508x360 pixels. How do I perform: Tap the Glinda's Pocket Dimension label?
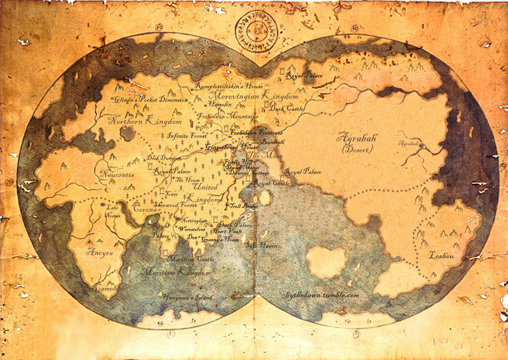pos(150,100)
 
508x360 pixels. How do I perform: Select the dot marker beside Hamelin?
pos(205,105)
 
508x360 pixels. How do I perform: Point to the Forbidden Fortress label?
pos(256,132)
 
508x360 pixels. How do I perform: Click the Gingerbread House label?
pos(232,147)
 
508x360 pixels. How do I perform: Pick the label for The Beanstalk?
pos(268,141)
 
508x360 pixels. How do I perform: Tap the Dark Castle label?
pos(286,109)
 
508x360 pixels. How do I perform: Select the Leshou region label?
pos(441,255)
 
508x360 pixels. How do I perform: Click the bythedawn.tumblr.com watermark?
pos(322,295)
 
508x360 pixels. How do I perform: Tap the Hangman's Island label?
pos(188,297)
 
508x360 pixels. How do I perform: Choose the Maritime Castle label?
pos(190,259)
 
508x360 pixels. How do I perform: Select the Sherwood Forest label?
pos(175,205)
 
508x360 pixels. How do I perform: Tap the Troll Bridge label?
pos(244,206)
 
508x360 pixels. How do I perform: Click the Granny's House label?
pos(220,240)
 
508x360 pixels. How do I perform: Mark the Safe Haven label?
pos(261,246)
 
